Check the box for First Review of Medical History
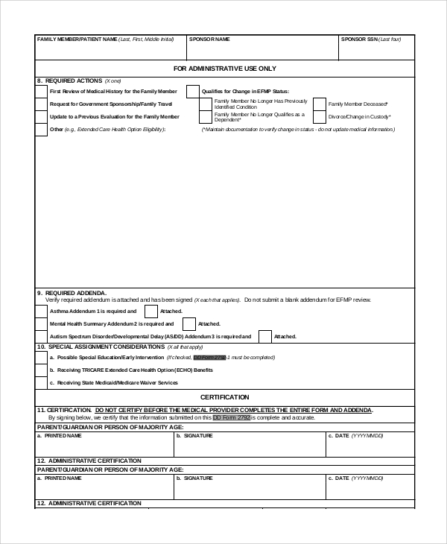tap(41, 91)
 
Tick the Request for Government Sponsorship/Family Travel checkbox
tap(41, 104)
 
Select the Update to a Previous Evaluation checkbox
tap(41, 117)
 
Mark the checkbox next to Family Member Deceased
tap(319, 104)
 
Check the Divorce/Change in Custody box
tap(319, 117)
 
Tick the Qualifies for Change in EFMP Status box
tap(193, 91)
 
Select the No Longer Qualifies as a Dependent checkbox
tap(205, 117)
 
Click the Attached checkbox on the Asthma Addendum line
tap(150, 311)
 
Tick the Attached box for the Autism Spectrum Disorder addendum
tap(264, 337)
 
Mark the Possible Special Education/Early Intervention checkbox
tap(41, 357)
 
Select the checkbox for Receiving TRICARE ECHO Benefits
tap(41, 370)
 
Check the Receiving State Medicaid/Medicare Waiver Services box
tap(41, 382)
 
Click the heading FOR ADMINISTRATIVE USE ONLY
tap(224, 68)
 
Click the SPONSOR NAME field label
tap(209, 39)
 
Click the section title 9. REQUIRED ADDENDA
tap(72, 292)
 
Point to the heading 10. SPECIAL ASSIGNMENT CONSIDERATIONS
tap(101, 347)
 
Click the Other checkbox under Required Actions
tap(41, 130)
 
